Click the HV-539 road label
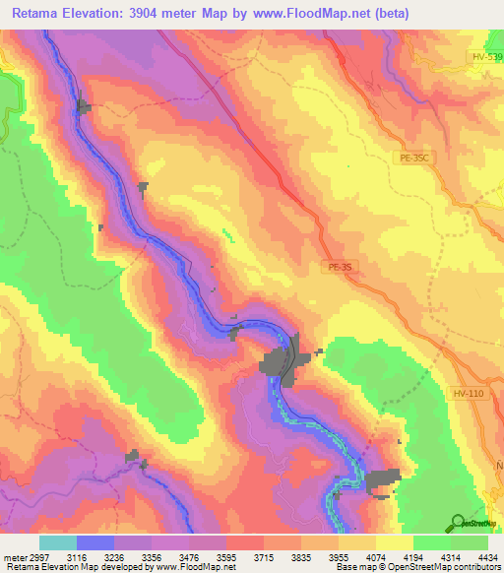(x=485, y=57)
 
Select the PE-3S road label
(x=339, y=266)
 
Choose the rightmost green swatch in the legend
(x=470, y=542)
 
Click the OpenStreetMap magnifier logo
(x=457, y=522)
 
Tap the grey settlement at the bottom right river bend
(x=382, y=479)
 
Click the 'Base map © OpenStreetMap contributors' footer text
(x=416, y=567)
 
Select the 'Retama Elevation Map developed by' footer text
(x=69, y=567)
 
